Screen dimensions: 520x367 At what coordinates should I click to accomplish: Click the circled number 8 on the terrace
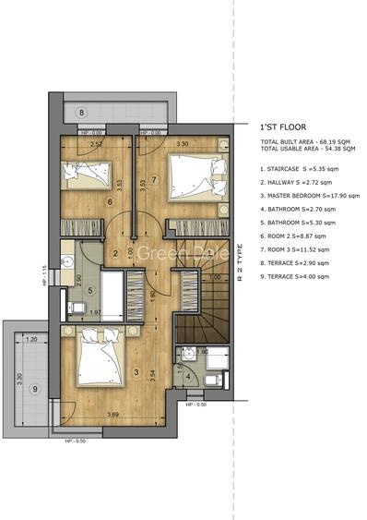coord(82,113)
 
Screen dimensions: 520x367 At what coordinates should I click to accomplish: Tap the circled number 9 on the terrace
coord(35,388)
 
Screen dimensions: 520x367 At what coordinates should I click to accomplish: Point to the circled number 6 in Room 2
coord(109,201)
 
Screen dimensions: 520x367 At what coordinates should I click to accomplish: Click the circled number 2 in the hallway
coord(114,253)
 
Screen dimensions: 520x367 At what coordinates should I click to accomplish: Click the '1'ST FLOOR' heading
coord(285,127)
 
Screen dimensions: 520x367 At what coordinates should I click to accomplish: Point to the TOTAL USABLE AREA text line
coord(305,149)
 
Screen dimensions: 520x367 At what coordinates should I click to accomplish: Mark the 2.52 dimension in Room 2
coord(96,144)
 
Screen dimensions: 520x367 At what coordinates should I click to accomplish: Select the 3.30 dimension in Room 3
coord(183,144)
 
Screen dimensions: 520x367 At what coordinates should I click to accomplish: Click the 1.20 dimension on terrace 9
coord(32,339)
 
